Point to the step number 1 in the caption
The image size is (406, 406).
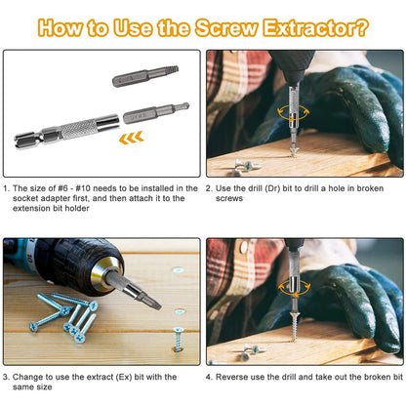pos(7,185)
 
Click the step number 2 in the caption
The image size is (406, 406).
pos(210,185)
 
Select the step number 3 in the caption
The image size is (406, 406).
pos(7,376)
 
